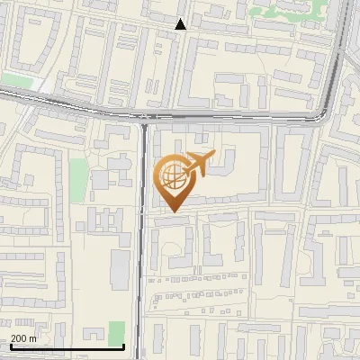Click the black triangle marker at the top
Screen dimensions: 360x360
point(181,24)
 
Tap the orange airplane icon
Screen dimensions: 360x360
point(197,163)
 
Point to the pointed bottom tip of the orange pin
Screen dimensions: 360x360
point(171,211)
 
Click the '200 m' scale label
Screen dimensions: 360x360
point(23,338)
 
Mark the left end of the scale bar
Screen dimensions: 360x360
point(10,346)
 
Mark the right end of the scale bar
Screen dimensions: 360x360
point(123,346)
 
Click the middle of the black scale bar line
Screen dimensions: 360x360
point(67,346)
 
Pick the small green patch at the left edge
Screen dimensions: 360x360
point(15,80)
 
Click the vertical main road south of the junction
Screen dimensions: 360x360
point(142,252)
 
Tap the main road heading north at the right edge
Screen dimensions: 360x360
point(343,45)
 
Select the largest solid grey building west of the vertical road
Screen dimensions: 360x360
point(120,268)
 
